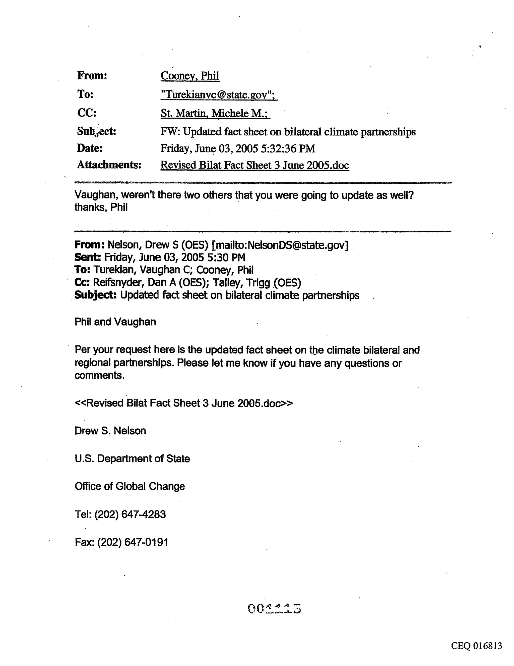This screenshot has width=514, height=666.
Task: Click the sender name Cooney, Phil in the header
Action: [x=190, y=76]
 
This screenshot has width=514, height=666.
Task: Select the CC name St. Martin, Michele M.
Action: [x=215, y=114]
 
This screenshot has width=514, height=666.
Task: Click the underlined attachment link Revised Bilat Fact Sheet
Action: [x=254, y=165]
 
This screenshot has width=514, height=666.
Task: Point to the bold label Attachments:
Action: [x=109, y=165]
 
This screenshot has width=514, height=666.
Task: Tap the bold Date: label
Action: [x=90, y=148]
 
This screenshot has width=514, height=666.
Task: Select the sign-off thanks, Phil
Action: [x=101, y=207]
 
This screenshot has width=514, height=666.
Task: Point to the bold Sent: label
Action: [x=87, y=257]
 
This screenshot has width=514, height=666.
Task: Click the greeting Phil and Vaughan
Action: [x=115, y=322]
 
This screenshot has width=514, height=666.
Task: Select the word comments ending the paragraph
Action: [x=99, y=375]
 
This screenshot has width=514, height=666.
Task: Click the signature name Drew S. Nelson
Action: [x=110, y=431]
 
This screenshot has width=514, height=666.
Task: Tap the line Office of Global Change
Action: [x=130, y=486]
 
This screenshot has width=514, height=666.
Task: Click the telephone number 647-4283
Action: [x=144, y=515]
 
